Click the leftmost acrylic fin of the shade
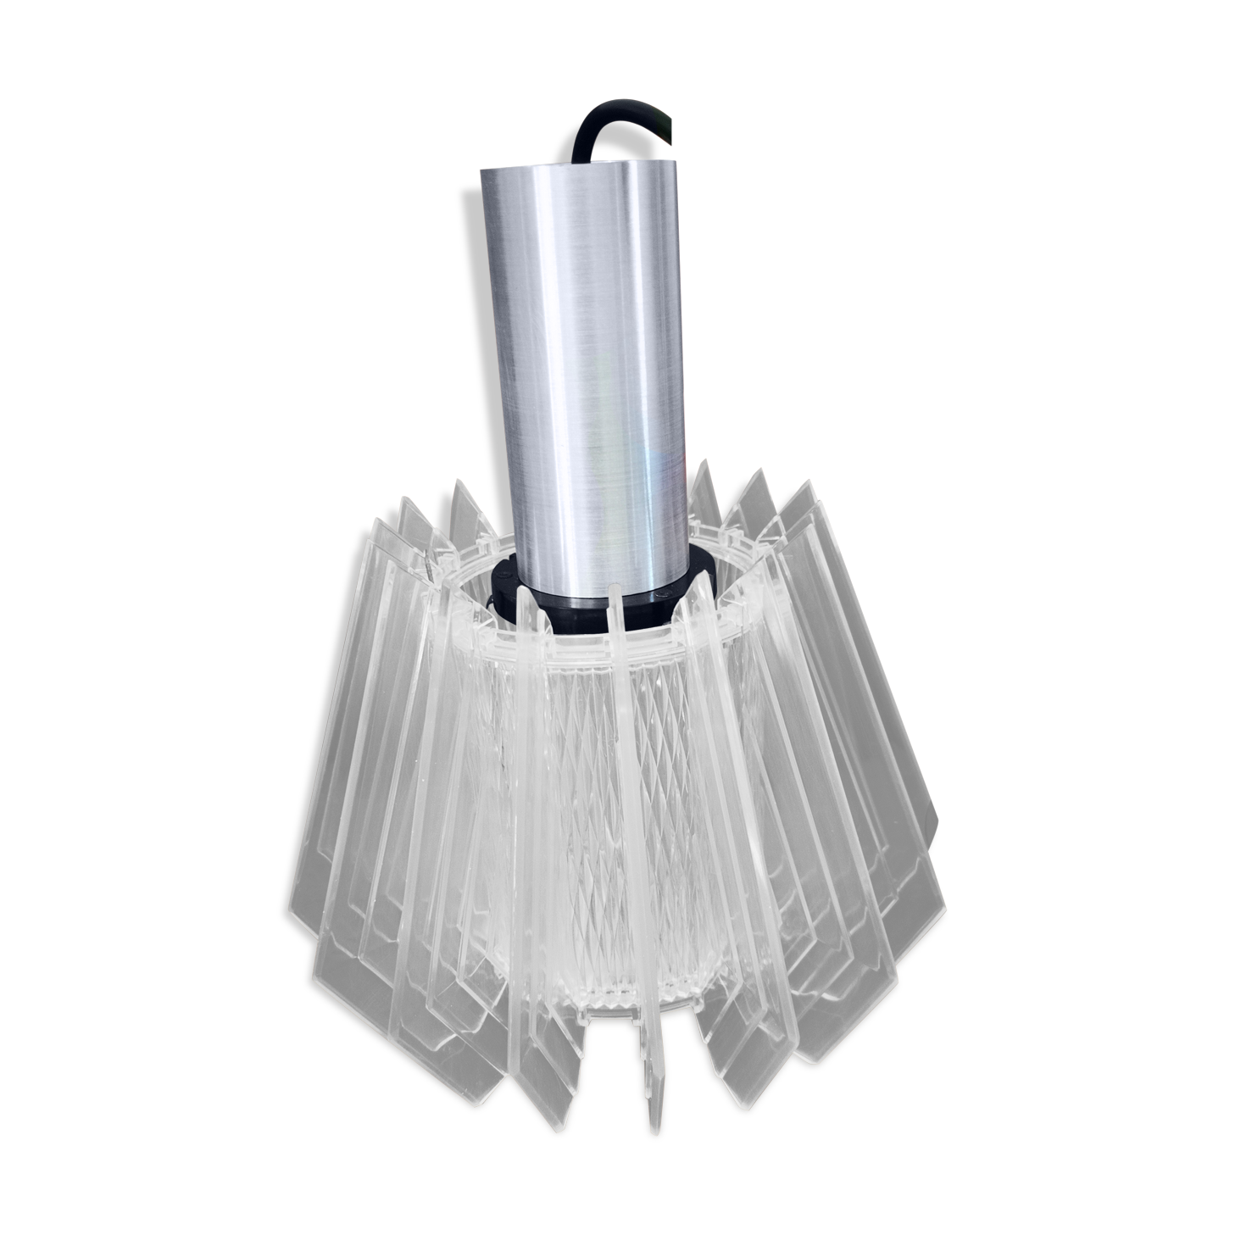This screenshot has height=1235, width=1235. click(x=339, y=763)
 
